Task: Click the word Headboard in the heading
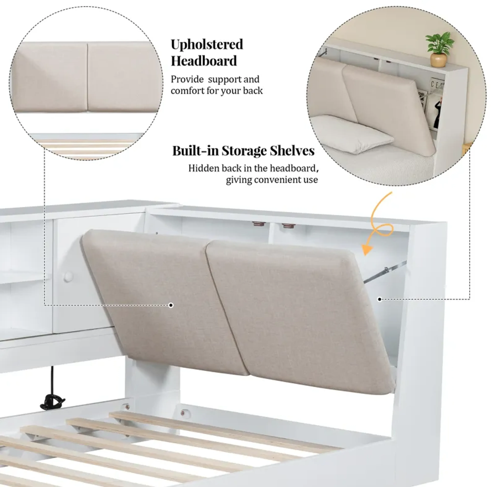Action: pyautogui.click(x=204, y=61)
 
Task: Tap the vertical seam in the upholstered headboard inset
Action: pyautogui.click(x=87, y=76)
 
